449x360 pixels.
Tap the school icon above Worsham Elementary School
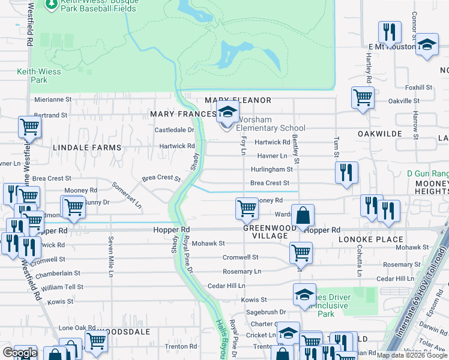click(228, 112)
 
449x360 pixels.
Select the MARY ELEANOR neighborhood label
click(238, 100)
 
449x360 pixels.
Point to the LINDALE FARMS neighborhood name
click(87, 147)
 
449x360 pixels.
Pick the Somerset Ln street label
click(130, 196)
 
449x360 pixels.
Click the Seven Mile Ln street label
click(110, 257)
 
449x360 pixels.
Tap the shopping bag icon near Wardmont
click(304, 215)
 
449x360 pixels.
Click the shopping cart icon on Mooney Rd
click(246, 208)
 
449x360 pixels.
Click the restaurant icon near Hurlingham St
click(346, 170)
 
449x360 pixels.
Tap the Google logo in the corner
click(19, 353)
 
